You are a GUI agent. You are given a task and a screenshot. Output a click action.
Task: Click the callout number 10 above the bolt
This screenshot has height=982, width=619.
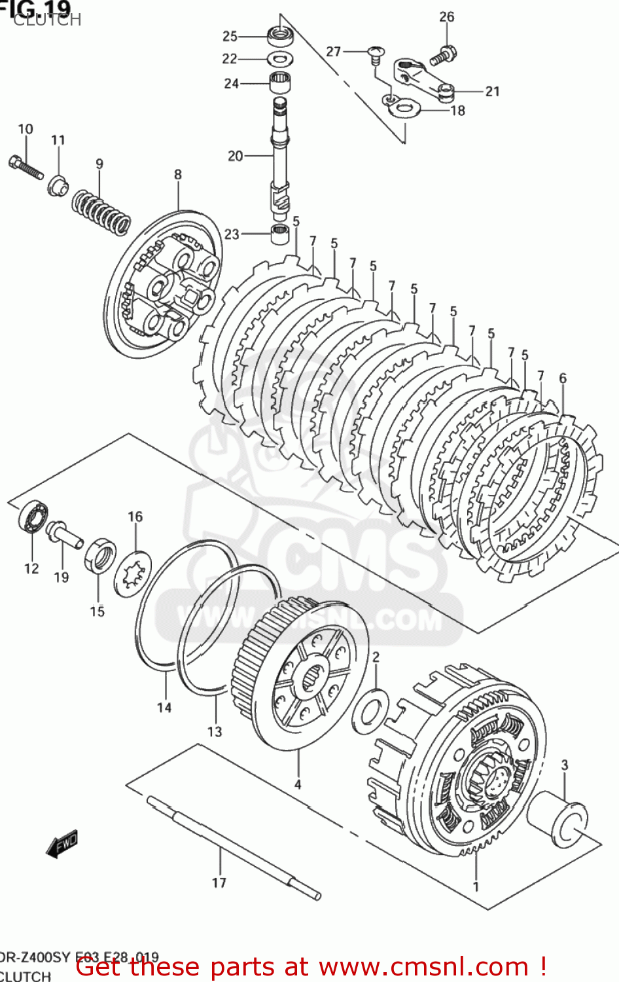(x=25, y=129)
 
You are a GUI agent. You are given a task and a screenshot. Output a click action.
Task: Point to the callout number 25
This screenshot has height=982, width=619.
(x=230, y=36)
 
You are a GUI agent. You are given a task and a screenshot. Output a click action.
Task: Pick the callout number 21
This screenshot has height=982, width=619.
(x=493, y=92)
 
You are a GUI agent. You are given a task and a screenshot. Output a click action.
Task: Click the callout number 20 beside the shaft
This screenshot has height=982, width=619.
(x=235, y=156)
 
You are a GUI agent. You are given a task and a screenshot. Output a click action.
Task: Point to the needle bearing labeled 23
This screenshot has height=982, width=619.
(x=281, y=233)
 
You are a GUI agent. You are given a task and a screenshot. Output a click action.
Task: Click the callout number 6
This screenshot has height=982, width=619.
(x=563, y=378)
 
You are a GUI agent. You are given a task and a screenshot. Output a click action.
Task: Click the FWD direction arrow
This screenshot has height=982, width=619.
(x=62, y=845)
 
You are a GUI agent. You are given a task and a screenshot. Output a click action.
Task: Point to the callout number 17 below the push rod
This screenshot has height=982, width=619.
(x=219, y=882)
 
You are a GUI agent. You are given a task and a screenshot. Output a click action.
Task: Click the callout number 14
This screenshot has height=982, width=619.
(x=164, y=707)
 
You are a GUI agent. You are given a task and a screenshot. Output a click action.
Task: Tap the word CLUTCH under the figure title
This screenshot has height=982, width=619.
(x=47, y=20)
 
